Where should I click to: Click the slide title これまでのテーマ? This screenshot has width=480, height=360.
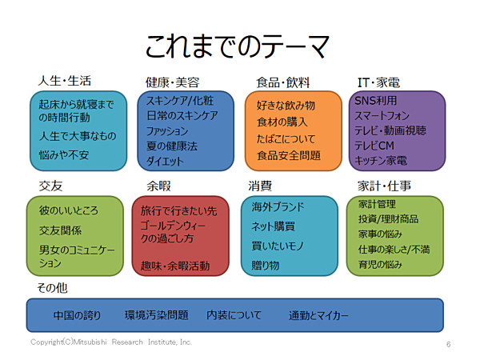click(238, 46)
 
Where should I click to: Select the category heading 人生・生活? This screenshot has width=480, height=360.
click(65, 81)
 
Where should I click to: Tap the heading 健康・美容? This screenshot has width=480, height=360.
click(172, 82)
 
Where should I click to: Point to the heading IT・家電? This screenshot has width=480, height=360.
click(378, 82)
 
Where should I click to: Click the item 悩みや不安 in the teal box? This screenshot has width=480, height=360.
click(64, 155)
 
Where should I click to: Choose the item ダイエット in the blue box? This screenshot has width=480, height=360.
click(165, 161)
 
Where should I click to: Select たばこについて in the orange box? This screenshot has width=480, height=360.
click(286, 139)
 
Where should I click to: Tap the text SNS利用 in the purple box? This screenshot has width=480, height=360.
click(376, 101)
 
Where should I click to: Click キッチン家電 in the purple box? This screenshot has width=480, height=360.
click(381, 161)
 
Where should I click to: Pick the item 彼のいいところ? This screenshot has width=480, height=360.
click(69, 210)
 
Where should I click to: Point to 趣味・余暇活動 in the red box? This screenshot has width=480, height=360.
click(175, 266)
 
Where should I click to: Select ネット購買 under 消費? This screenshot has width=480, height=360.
click(273, 226)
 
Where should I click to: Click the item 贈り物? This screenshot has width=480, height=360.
click(265, 265)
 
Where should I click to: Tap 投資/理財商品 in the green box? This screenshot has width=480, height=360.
click(388, 219)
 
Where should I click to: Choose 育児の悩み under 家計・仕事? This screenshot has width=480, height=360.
click(380, 265)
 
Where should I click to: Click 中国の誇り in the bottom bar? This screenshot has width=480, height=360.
click(77, 315)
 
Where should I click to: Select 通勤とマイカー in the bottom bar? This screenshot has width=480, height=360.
click(318, 315)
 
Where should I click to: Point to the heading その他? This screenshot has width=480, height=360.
click(52, 288)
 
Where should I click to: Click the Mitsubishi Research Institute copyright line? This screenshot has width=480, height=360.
click(111, 342)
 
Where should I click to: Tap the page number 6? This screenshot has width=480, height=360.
click(448, 344)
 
